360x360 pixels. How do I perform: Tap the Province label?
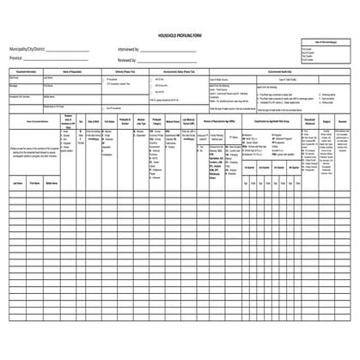point(18,60)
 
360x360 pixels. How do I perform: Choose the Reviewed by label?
point(126,60)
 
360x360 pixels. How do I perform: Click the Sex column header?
point(81,122)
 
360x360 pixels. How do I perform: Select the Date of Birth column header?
point(94,122)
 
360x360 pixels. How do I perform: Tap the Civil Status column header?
point(109,122)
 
